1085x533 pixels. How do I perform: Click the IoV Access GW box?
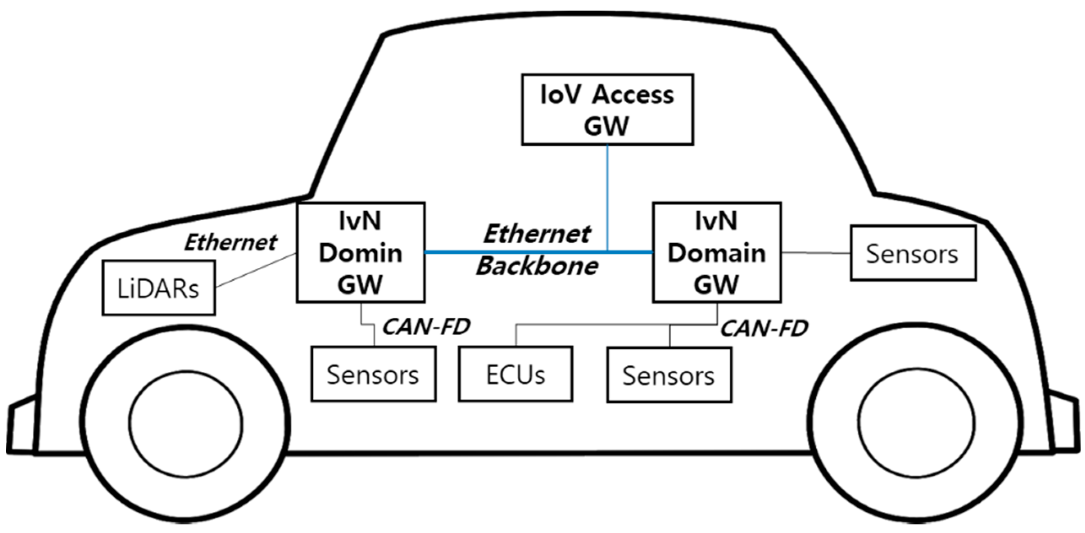click(607, 109)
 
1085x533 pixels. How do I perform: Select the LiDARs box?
click(159, 288)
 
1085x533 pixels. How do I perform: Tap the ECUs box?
click(515, 374)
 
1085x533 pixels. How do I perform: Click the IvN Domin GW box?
click(360, 253)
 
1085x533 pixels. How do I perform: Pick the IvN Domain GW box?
click(716, 253)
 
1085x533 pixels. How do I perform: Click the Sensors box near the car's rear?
click(913, 253)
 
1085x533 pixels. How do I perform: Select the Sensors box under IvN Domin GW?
click(373, 374)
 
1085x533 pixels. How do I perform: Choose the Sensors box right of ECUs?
click(669, 375)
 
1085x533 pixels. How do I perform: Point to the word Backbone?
click(537, 266)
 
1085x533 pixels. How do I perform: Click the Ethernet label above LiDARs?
click(231, 242)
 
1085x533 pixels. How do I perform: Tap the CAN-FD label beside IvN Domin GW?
click(426, 327)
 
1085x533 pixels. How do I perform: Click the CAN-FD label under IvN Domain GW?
click(763, 328)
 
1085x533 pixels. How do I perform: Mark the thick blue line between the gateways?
click(505, 252)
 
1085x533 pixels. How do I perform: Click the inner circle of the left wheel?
click(186, 424)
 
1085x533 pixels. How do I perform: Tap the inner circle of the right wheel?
click(916, 424)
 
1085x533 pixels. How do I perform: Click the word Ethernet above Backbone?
click(537, 234)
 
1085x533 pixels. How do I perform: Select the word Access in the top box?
click(633, 95)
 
